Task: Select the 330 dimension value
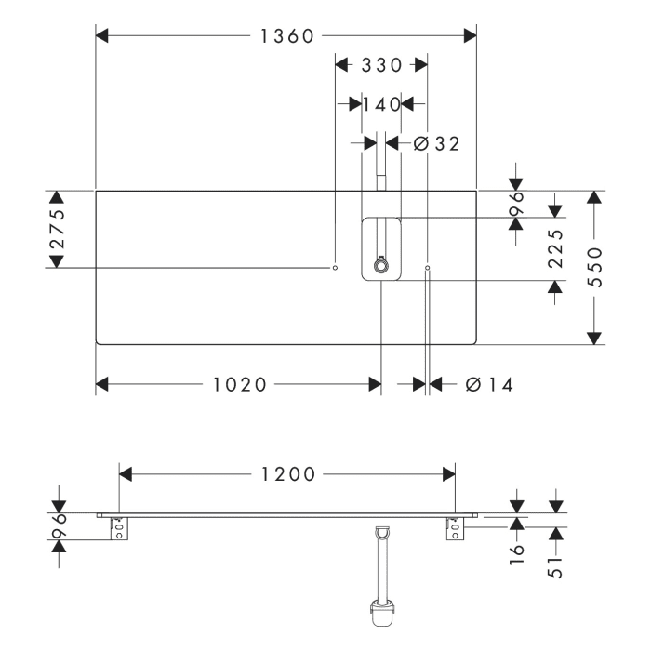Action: [x=380, y=65]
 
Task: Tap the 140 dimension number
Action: [x=381, y=104]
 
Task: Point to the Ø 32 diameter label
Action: [x=434, y=143]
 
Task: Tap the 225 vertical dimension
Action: [x=555, y=249]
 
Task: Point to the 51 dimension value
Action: [x=556, y=568]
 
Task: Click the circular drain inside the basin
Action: [x=380, y=267]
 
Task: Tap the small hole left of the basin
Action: [x=335, y=268]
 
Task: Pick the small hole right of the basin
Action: [x=427, y=268]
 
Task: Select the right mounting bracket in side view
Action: [x=454, y=526]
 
